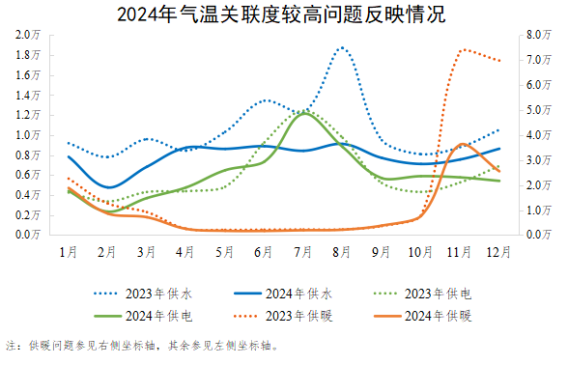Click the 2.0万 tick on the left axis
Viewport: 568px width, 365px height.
click(27, 35)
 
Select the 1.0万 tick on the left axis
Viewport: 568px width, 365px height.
click(27, 134)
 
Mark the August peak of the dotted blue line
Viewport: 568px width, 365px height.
click(342, 47)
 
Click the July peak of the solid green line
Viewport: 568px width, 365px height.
click(303, 113)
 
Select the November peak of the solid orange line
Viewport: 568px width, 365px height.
click(463, 143)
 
